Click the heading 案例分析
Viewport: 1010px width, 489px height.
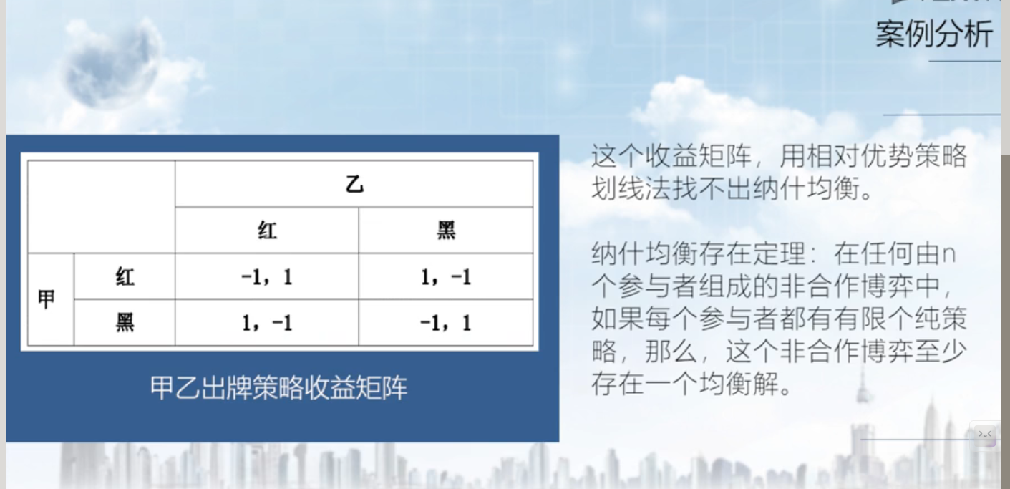(x=934, y=34)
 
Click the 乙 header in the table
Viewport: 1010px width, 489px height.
(x=354, y=185)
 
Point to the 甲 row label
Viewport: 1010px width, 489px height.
(x=46, y=299)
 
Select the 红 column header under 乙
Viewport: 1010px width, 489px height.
(x=267, y=231)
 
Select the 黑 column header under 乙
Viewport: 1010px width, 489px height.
(x=446, y=231)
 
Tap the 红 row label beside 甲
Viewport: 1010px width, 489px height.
(x=125, y=276)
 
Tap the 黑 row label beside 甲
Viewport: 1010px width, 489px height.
(x=125, y=323)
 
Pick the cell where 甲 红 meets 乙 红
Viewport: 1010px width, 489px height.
(x=267, y=276)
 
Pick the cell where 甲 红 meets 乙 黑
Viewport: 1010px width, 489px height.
(x=446, y=276)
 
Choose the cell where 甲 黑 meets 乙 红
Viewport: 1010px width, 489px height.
(x=267, y=323)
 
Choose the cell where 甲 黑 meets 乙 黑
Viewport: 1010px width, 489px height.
(x=446, y=323)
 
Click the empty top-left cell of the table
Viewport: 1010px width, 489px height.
(x=102, y=207)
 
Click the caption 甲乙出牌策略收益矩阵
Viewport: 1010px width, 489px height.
(x=278, y=387)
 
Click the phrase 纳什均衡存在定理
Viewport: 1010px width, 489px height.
(x=699, y=253)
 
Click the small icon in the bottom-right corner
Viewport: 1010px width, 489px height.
(x=984, y=435)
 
